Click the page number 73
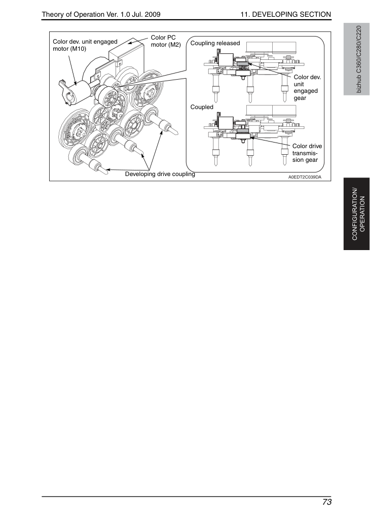pyautogui.click(x=327, y=502)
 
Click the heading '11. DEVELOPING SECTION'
pyautogui.click(x=286, y=14)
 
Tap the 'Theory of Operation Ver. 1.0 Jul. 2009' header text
pyautogui.click(x=101, y=14)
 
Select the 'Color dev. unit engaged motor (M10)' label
pyautogui.click(x=85, y=45)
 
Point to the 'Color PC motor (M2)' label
pyautogui.click(x=166, y=41)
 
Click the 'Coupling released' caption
pyautogui.click(x=215, y=43)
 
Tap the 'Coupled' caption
pyautogui.click(x=202, y=107)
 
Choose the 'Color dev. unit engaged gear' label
pyautogui.click(x=307, y=87)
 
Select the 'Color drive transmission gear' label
pyautogui.click(x=307, y=153)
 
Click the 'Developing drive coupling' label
pyautogui.click(x=160, y=174)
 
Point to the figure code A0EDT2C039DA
pyautogui.click(x=305, y=177)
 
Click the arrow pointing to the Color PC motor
pyautogui.click(x=138, y=41)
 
